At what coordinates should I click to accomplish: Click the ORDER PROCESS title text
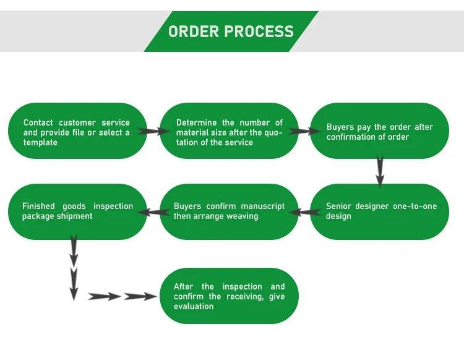tap(231, 31)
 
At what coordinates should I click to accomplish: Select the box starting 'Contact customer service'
tap(77, 131)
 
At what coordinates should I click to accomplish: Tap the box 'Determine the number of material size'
tap(230, 131)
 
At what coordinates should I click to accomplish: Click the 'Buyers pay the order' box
tap(379, 131)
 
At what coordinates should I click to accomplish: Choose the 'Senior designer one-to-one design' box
tap(379, 212)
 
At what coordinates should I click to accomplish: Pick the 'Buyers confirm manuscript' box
tap(230, 212)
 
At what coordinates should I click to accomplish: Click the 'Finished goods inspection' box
tap(77, 212)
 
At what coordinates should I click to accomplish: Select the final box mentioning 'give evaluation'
tap(230, 296)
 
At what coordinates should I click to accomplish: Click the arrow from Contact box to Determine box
tap(153, 131)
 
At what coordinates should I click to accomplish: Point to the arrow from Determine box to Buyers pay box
tap(303, 131)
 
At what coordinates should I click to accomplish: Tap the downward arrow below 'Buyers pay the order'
tap(380, 171)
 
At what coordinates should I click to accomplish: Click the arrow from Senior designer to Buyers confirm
tap(304, 212)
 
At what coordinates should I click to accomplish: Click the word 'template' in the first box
tap(40, 143)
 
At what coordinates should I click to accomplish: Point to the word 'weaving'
tap(242, 216)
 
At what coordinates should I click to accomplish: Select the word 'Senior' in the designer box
tap(339, 206)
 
